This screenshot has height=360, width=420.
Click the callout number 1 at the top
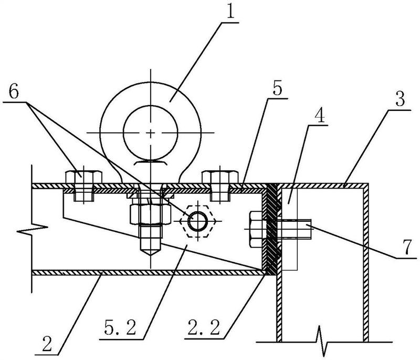(230, 10)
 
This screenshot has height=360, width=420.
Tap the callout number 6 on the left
(14, 92)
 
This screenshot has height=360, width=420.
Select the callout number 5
(278, 88)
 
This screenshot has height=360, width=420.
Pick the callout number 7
(407, 247)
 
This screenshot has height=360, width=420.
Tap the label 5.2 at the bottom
(120, 327)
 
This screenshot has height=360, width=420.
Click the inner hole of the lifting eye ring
(150, 132)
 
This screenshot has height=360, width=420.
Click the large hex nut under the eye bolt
(150, 214)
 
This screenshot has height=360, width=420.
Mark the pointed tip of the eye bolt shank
(150, 254)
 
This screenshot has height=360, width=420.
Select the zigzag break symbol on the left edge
(32, 229)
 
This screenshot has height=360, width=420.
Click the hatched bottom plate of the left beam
(148, 273)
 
